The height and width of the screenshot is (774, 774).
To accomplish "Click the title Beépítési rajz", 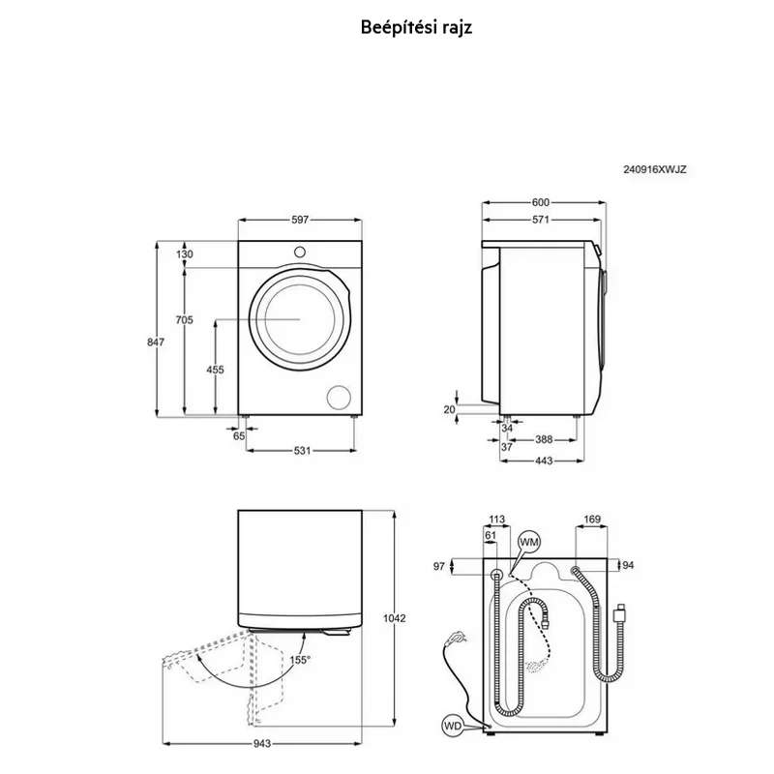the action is [x=416, y=28].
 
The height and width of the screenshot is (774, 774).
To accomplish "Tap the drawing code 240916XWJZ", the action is [x=655, y=169].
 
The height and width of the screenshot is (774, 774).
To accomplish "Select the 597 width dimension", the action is [x=300, y=220].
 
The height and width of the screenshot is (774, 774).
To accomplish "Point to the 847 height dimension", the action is [x=156, y=342].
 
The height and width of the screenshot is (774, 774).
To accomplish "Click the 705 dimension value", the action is [x=184, y=320].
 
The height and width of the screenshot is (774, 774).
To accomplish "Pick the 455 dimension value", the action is [x=215, y=370].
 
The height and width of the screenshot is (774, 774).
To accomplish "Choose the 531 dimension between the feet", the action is [x=302, y=450].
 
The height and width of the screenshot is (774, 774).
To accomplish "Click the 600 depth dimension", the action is [x=541, y=202].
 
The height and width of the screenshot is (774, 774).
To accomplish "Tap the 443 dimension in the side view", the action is [x=544, y=461].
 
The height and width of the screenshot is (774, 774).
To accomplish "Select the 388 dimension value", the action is [x=544, y=439].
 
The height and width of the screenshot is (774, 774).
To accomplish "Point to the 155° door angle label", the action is [x=300, y=660].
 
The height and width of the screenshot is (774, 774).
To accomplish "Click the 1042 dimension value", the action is [x=394, y=618].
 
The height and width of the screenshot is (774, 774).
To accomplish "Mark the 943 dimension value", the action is [x=262, y=743].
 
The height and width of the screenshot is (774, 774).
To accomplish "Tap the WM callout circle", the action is [x=528, y=542].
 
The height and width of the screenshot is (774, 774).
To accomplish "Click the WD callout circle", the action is [x=452, y=726].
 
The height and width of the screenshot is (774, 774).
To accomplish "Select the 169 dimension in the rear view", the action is [x=592, y=520].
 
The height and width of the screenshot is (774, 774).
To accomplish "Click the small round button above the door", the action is [x=300, y=252].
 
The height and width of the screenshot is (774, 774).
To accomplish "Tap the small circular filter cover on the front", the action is [x=340, y=397].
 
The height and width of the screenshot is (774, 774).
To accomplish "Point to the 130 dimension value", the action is [x=184, y=254].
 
